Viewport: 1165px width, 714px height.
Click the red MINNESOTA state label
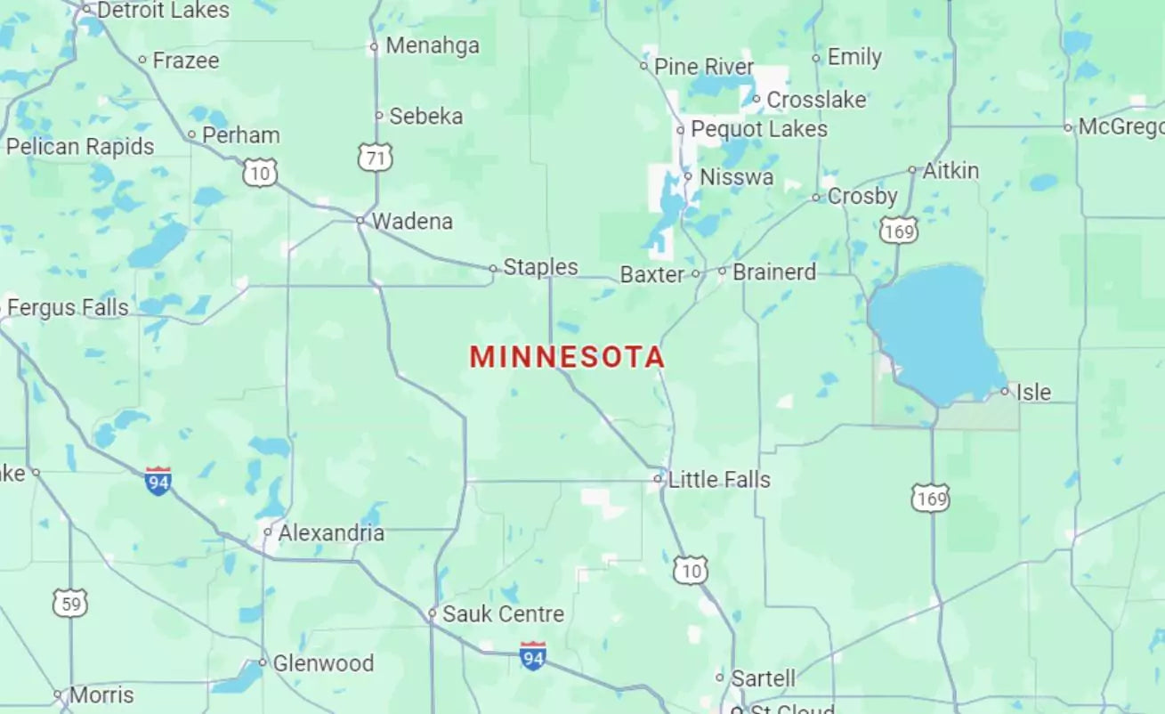[x=567, y=357]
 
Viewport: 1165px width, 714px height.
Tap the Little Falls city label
[x=719, y=480]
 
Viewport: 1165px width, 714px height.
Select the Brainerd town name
[x=773, y=272]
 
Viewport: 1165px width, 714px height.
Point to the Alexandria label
[x=331, y=533]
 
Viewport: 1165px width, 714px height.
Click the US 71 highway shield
[x=376, y=158]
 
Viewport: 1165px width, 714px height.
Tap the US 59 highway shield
[x=69, y=604]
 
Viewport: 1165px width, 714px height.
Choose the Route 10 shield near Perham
[x=260, y=172]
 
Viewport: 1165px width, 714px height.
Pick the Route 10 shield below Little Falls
[x=691, y=570]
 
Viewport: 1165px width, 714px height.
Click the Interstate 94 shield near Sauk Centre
[x=532, y=657]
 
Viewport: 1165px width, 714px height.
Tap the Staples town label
[x=540, y=266]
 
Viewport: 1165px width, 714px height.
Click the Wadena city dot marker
[x=360, y=220]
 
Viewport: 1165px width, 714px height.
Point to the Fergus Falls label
[x=68, y=308]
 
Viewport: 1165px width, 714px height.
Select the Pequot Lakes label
[x=759, y=129]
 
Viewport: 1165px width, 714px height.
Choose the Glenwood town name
[x=323, y=663]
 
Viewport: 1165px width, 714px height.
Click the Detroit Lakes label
[x=163, y=11]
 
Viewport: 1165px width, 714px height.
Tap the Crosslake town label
[x=816, y=100]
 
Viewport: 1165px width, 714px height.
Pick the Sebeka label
[x=425, y=116]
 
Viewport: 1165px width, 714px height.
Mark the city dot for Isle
[x=1005, y=391]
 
